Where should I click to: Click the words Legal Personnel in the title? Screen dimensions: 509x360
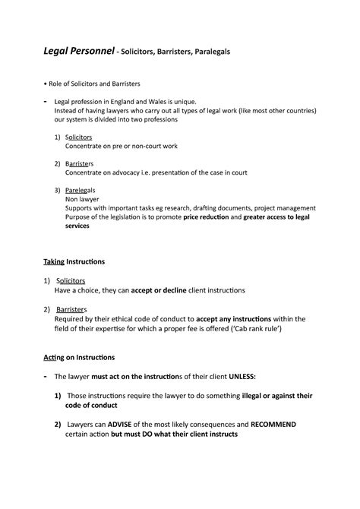[x=77, y=52]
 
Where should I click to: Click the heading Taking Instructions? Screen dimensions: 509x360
[x=74, y=261]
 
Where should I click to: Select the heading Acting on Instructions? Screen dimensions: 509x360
[x=79, y=356]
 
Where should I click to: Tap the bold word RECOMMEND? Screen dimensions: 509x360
[x=273, y=424]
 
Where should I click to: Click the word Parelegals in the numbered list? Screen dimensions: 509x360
[x=81, y=188]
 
